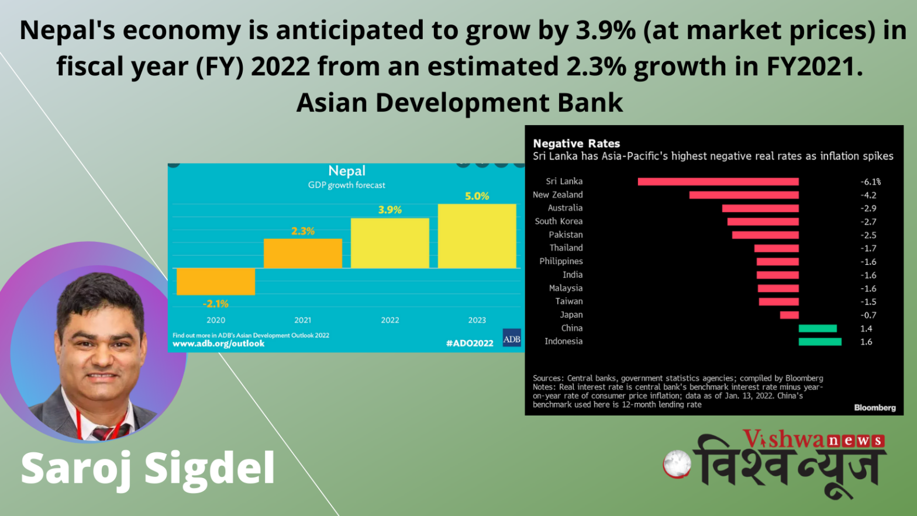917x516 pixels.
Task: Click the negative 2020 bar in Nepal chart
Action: (x=216, y=282)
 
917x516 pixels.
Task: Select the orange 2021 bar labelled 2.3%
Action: (x=303, y=253)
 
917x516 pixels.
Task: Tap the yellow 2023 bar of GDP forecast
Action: (x=477, y=236)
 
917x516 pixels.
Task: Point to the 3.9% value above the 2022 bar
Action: (x=389, y=210)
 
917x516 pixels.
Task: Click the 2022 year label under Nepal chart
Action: (x=389, y=320)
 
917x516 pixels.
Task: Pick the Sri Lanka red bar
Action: (x=718, y=182)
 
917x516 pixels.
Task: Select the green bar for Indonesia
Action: (x=820, y=342)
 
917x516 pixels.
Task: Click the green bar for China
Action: (x=818, y=328)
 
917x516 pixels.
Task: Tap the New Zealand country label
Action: (x=557, y=195)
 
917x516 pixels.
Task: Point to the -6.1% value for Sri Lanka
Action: (x=870, y=182)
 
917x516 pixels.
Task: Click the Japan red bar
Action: (x=790, y=315)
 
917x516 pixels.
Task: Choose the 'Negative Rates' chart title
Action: (x=577, y=144)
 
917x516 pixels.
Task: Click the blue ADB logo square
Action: (x=512, y=338)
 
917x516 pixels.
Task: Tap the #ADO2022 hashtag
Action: (x=470, y=343)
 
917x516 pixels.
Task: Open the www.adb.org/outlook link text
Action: (x=219, y=344)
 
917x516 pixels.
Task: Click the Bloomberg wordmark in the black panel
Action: (x=875, y=407)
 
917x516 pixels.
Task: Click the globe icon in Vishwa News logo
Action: (x=677, y=463)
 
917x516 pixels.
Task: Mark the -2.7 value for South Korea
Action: (x=868, y=222)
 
